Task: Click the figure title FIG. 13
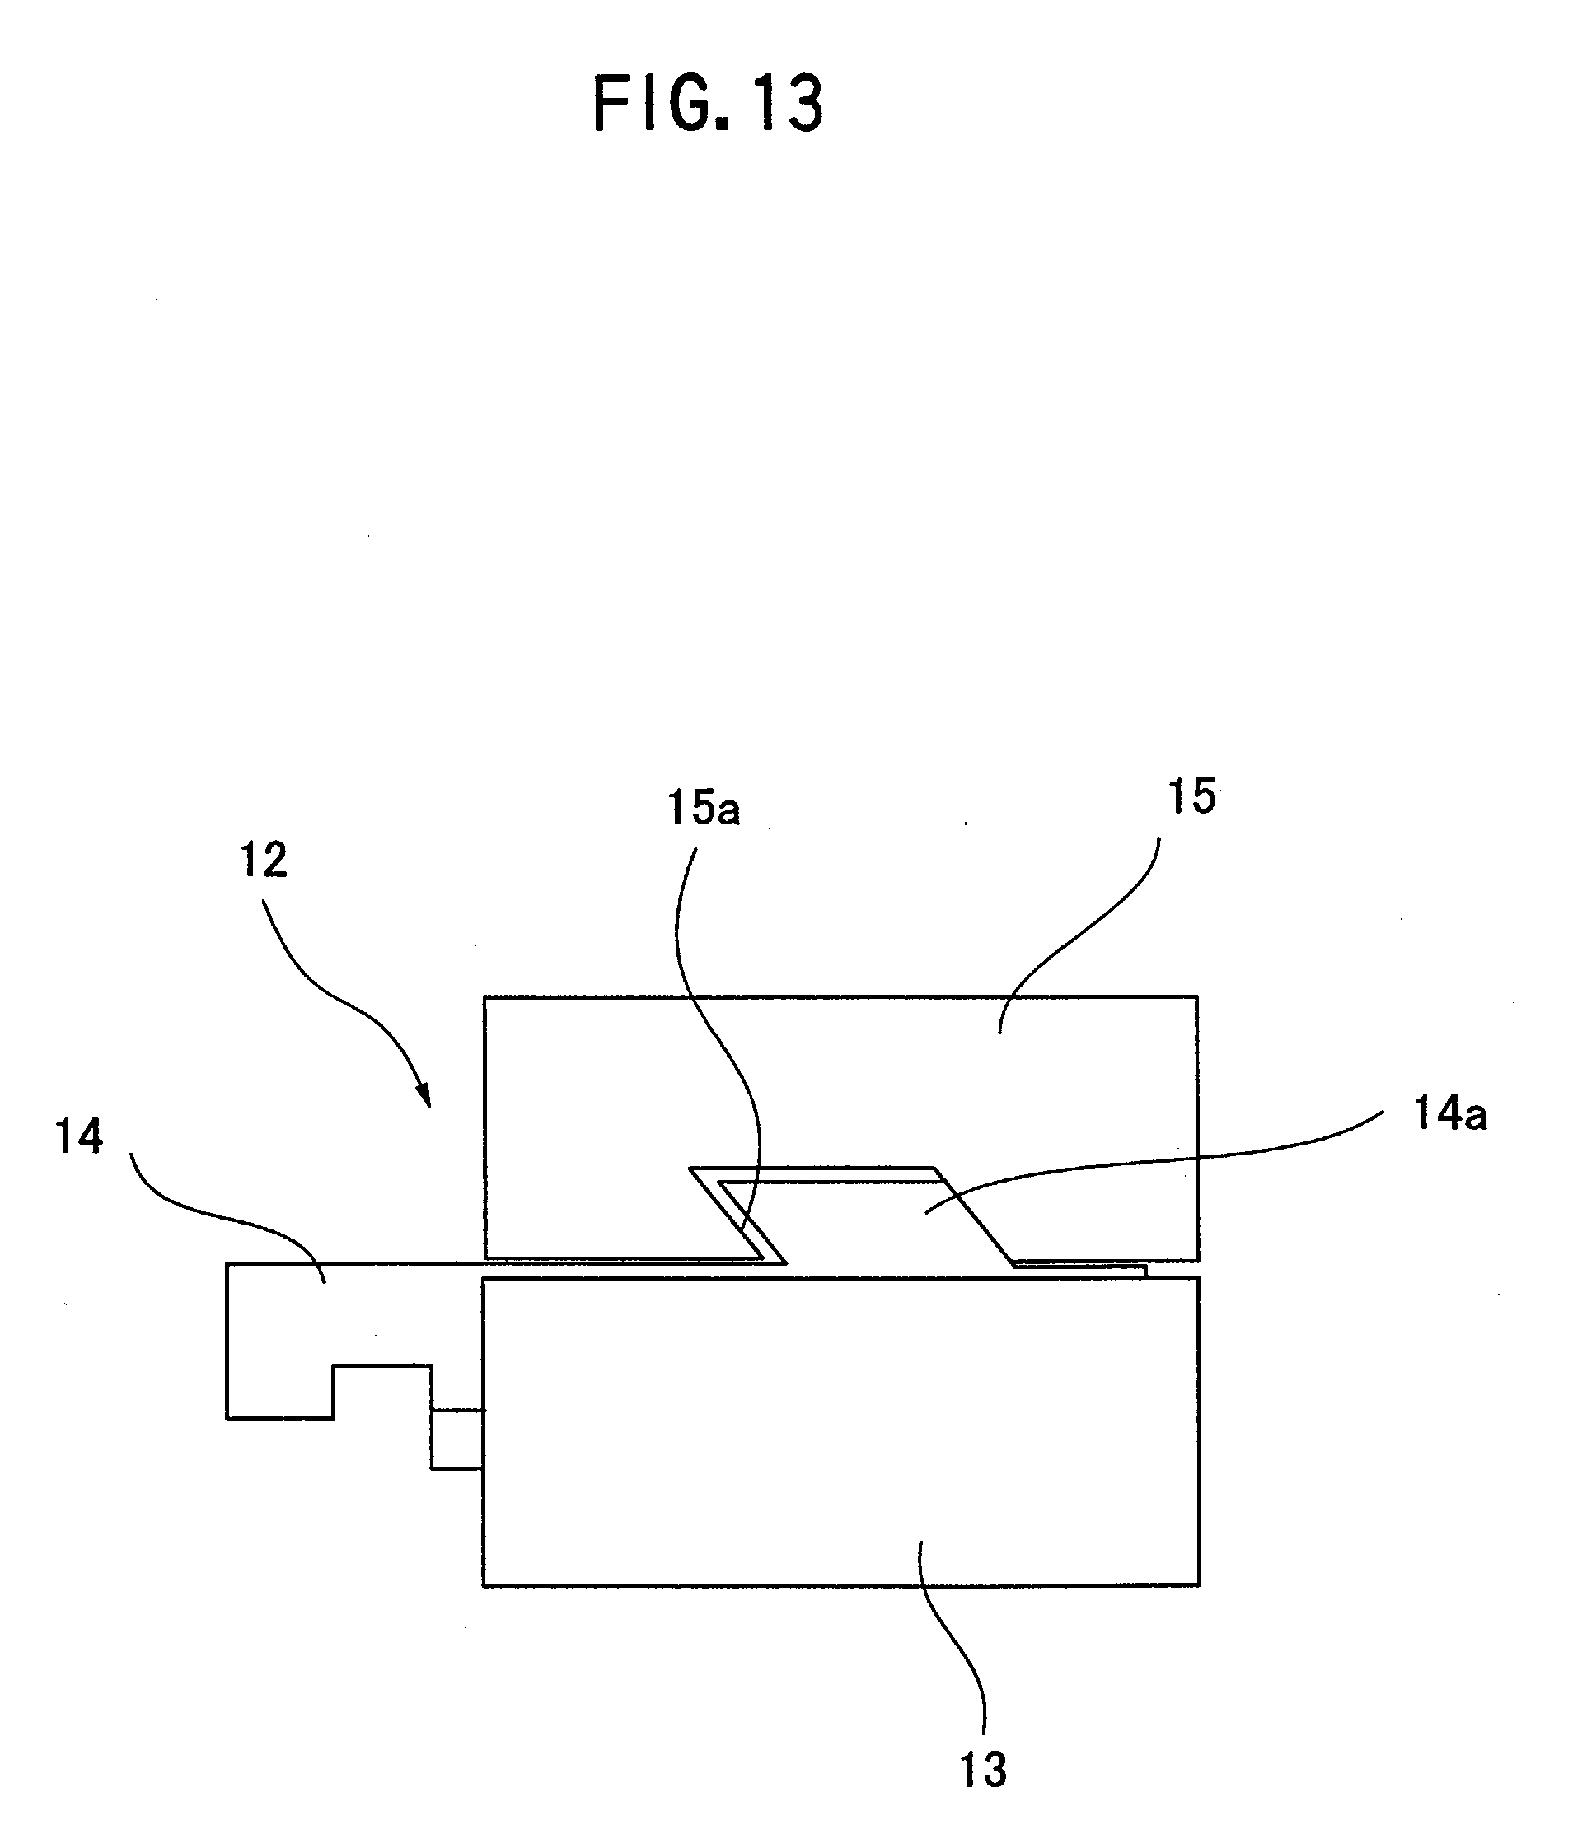(709, 104)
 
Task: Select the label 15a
(704, 809)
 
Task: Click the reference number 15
(1191, 796)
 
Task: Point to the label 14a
(1450, 1113)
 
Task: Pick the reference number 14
(79, 1136)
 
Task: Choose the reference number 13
(983, 1770)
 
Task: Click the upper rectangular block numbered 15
(840, 1128)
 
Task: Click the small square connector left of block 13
(457, 1439)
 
